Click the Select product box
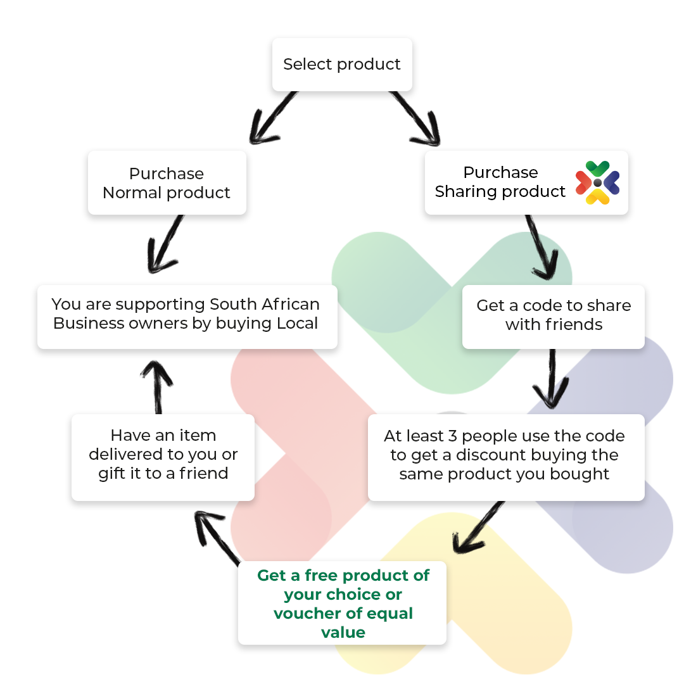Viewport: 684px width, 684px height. coord(342,65)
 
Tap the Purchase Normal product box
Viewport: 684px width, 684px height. coord(167,183)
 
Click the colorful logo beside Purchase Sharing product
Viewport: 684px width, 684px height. coord(597,182)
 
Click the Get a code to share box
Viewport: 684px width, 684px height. coord(553,317)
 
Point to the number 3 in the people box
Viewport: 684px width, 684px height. coord(452,436)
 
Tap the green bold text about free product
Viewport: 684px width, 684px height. coord(343,604)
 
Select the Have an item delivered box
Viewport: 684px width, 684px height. coord(163,457)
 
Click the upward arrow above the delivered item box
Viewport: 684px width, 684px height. coord(158,387)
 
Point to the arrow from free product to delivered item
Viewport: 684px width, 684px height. coord(217,538)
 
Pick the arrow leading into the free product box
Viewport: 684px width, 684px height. coord(478,528)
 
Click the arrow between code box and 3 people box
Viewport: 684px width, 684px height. coord(552,379)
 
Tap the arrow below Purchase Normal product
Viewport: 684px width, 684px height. coord(165,244)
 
